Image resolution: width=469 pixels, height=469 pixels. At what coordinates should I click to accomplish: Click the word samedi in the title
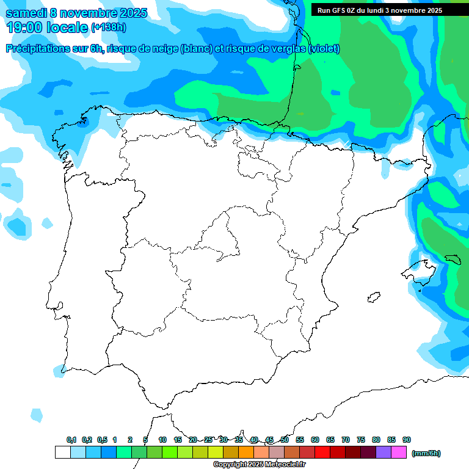point(27,13)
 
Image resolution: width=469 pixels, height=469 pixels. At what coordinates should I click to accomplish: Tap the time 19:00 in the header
point(25,27)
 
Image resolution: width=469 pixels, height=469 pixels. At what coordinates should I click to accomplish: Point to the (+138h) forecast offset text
point(109,27)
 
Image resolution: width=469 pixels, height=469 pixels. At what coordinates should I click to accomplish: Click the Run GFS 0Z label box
point(380,10)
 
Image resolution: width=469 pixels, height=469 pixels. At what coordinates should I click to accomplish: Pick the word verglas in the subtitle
point(287,49)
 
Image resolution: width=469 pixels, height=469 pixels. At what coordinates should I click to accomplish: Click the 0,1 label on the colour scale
point(71,440)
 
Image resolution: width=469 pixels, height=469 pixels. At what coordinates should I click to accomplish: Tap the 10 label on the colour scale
point(162,440)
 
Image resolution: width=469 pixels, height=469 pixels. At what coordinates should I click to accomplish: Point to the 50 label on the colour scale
point(285,440)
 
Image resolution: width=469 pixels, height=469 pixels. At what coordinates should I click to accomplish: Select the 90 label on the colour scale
point(407,440)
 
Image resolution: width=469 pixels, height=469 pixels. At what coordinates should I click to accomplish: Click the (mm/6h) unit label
point(426,453)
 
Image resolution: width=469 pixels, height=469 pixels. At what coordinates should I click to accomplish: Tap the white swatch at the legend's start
point(62,453)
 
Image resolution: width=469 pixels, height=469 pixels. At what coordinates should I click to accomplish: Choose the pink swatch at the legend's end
point(399,453)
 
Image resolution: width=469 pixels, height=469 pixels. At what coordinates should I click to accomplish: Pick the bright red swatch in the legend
point(322,453)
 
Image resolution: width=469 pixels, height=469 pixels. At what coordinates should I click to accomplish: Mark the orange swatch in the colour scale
point(246,453)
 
